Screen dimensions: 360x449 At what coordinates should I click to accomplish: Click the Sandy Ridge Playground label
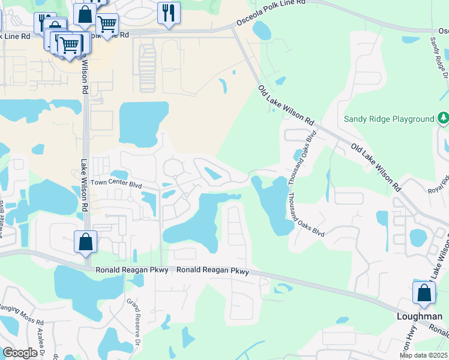[388, 119]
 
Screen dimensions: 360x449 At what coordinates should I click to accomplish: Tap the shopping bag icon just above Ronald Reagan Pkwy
[86, 242]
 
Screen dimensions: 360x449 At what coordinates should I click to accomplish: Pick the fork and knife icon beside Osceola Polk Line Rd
[169, 12]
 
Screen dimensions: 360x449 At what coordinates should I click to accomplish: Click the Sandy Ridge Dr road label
[439, 56]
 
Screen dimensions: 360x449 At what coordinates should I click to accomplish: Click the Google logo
[20, 353]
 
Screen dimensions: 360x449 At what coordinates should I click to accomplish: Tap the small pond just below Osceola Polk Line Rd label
[262, 29]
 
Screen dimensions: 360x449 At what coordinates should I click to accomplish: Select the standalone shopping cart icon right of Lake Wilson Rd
[107, 25]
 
